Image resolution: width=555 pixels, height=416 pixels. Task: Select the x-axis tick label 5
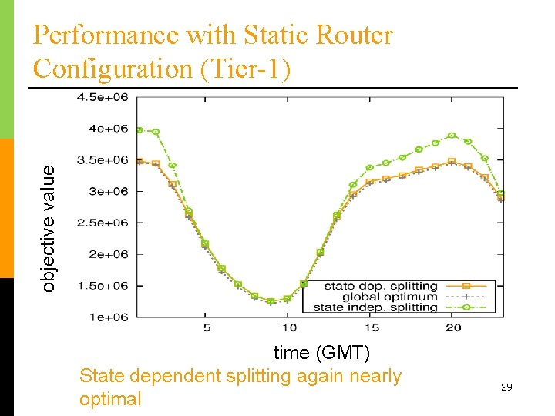[207, 327]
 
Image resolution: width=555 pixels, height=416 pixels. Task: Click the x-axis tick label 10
[287, 327]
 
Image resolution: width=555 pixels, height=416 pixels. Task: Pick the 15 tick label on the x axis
[372, 327]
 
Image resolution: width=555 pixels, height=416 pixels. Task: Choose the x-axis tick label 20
[453, 327]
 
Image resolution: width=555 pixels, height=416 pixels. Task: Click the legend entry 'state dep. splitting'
[381, 287]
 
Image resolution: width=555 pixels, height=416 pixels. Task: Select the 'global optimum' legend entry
[390, 297]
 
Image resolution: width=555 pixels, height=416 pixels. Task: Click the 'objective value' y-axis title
[49, 229]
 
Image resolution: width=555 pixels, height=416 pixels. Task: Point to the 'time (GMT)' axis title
[321, 353]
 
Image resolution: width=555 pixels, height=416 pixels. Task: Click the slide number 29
[506, 387]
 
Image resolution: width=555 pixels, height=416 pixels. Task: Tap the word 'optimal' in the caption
[110, 399]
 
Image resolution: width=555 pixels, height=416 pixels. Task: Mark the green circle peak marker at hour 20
[452, 136]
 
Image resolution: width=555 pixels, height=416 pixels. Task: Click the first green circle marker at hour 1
[140, 130]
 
